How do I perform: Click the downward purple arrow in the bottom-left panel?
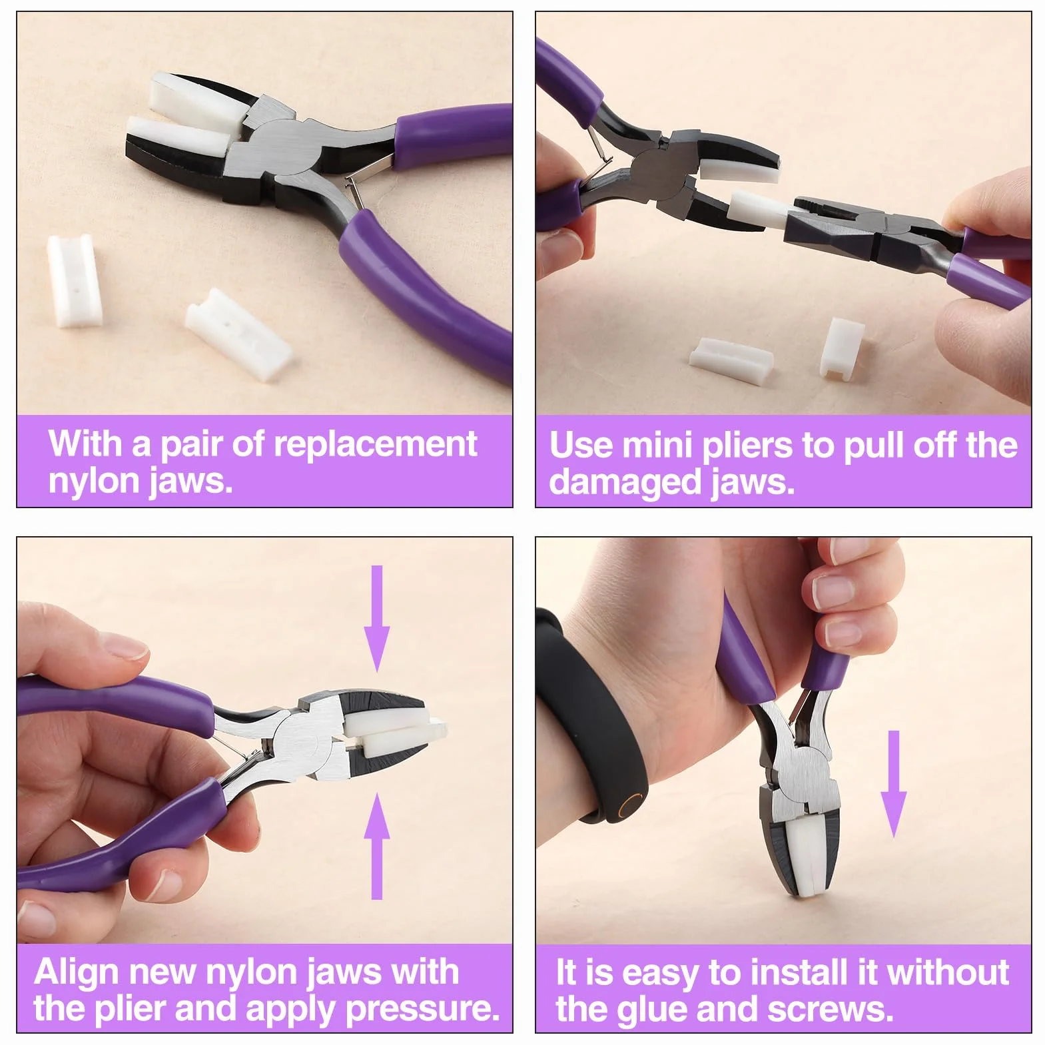pyautogui.click(x=377, y=619)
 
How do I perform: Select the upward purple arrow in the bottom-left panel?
pyautogui.click(x=377, y=845)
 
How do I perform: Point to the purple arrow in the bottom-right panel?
pyautogui.click(x=894, y=784)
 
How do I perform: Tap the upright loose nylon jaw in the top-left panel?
pyautogui.click(x=69, y=282)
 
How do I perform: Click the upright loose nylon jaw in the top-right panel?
pyautogui.click(x=843, y=346)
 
